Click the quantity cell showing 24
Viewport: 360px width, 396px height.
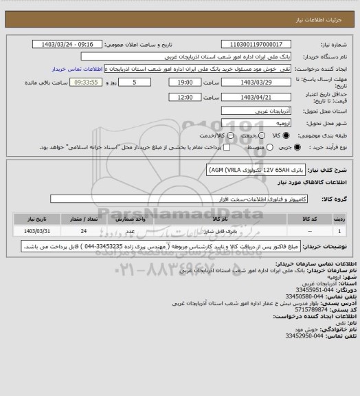click(x=83, y=231)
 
